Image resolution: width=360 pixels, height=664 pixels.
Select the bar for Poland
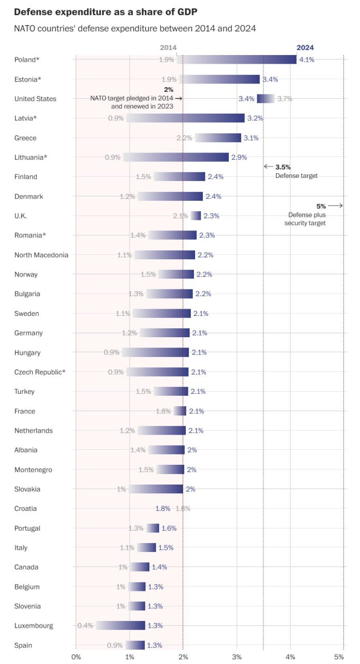pyautogui.click(x=237, y=60)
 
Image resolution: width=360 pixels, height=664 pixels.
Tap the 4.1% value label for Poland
pyautogui.click(x=307, y=60)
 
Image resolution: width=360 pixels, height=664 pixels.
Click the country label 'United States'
pyautogui.click(x=35, y=99)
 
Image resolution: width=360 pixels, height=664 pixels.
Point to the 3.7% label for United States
pyautogui.click(x=284, y=99)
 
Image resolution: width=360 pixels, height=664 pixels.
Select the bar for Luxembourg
pyautogui.click(x=120, y=626)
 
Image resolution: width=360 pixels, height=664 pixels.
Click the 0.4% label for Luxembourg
pyautogui.click(x=85, y=626)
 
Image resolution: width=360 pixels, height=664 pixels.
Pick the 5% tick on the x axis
pyautogui.click(x=339, y=657)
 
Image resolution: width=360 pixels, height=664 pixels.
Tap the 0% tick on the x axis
pyautogui.click(x=76, y=657)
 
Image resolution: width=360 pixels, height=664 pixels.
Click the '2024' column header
pyautogui.click(x=305, y=48)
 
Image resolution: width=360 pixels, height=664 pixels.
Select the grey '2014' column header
pyautogui.click(x=168, y=48)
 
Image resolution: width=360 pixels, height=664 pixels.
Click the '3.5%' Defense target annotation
pyautogui.click(x=283, y=167)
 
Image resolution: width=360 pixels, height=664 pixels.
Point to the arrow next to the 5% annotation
pyautogui.click(x=336, y=206)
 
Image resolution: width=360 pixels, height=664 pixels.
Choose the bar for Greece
pyautogui.click(x=218, y=138)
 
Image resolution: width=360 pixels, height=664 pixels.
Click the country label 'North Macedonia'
pyautogui.click(x=41, y=255)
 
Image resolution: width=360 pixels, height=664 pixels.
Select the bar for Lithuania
pyautogui.click(x=176, y=157)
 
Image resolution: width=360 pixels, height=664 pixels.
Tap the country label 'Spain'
pyautogui.click(x=23, y=645)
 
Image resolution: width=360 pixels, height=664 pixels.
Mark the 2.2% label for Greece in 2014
pyautogui.click(x=184, y=138)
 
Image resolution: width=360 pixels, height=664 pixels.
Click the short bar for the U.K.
pyautogui.click(x=196, y=216)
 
